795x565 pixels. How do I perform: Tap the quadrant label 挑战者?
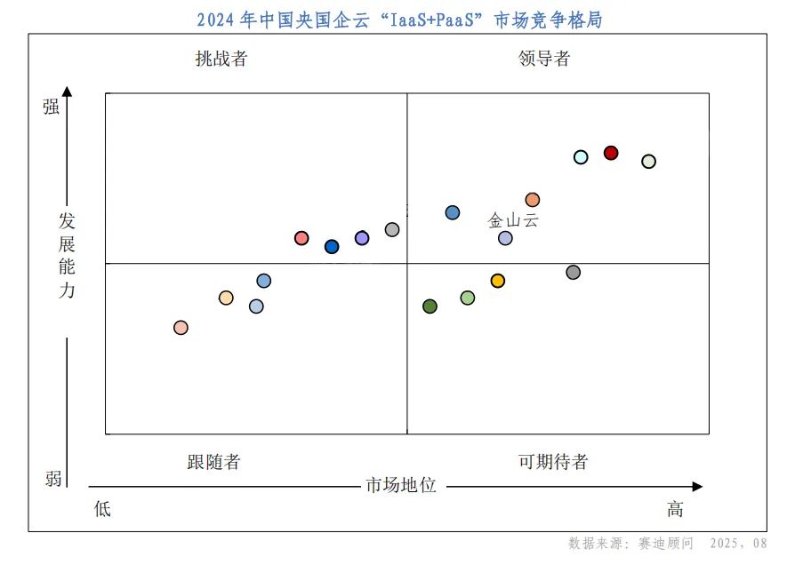[x=221, y=60]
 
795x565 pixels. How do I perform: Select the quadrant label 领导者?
[x=544, y=60]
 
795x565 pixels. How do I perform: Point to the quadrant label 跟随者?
[x=213, y=462]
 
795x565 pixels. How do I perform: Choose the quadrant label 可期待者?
[x=553, y=462]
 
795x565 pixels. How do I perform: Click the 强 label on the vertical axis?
[x=52, y=107]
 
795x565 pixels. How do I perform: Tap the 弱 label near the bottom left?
[x=53, y=480]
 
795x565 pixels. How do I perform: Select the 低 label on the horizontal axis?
[x=103, y=509]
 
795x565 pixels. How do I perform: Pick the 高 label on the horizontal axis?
[x=676, y=509]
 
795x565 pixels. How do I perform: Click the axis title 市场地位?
[x=401, y=486]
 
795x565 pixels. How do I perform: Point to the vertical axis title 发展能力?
[x=68, y=255]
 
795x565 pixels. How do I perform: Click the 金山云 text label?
[x=513, y=220]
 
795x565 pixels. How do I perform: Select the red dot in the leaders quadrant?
[x=611, y=153]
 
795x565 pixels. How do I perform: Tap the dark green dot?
[x=430, y=306]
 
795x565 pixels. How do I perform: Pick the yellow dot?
[x=498, y=281]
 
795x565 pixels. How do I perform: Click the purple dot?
[x=362, y=238]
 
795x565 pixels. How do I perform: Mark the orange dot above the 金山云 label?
[x=533, y=200]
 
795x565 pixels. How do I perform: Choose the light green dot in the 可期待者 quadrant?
[x=468, y=298]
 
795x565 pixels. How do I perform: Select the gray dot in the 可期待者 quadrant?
[x=574, y=272]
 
